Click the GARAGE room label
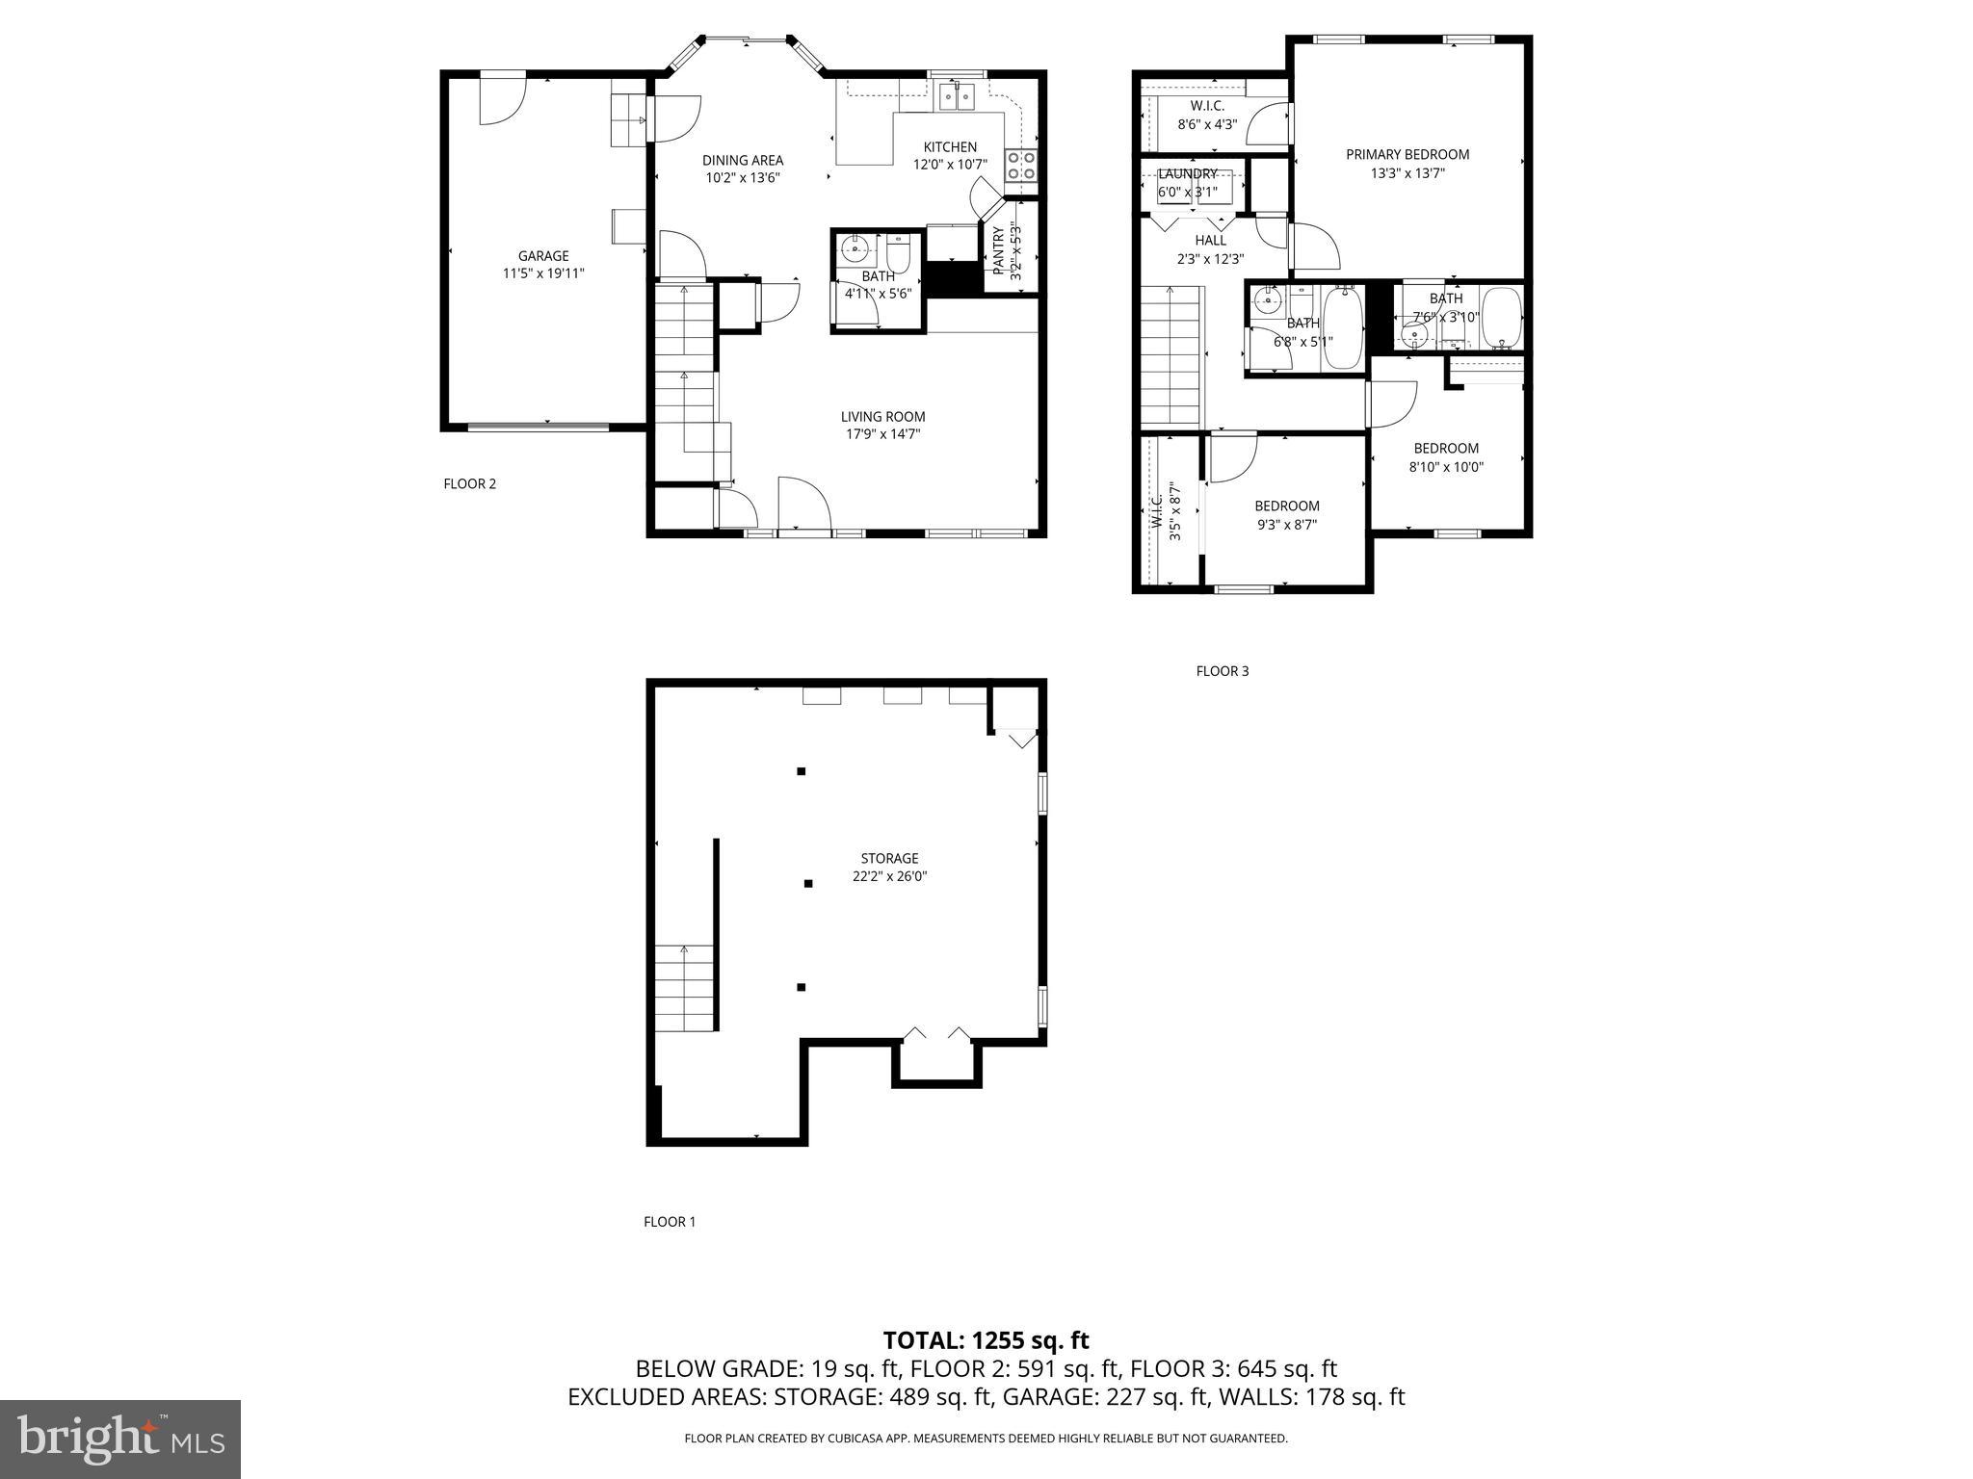(x=543, y=256)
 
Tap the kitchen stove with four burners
(x=1021, y=166)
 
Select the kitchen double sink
(x=958, y=95)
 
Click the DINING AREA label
(x=742, y=161)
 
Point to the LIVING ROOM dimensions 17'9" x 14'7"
(x=882, y=434)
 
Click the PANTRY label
(x=999, y=249)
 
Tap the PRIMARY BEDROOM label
(x=1407, y=154)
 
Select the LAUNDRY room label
(x=1187, y=174)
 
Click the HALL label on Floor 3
(x=1210, y=241)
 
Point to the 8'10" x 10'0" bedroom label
(x=1446, y=449)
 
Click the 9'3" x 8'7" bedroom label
(x=1286, y=506)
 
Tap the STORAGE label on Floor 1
(x=889, y=858)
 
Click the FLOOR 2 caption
(x=469, y=484)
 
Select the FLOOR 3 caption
(x=1222, y=671)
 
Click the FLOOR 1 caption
(x=669, y=1222)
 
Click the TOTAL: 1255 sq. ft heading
(x=986, y=1340)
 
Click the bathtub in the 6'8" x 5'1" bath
(x=1341, y=328)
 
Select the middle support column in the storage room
(x=808, y=883)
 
